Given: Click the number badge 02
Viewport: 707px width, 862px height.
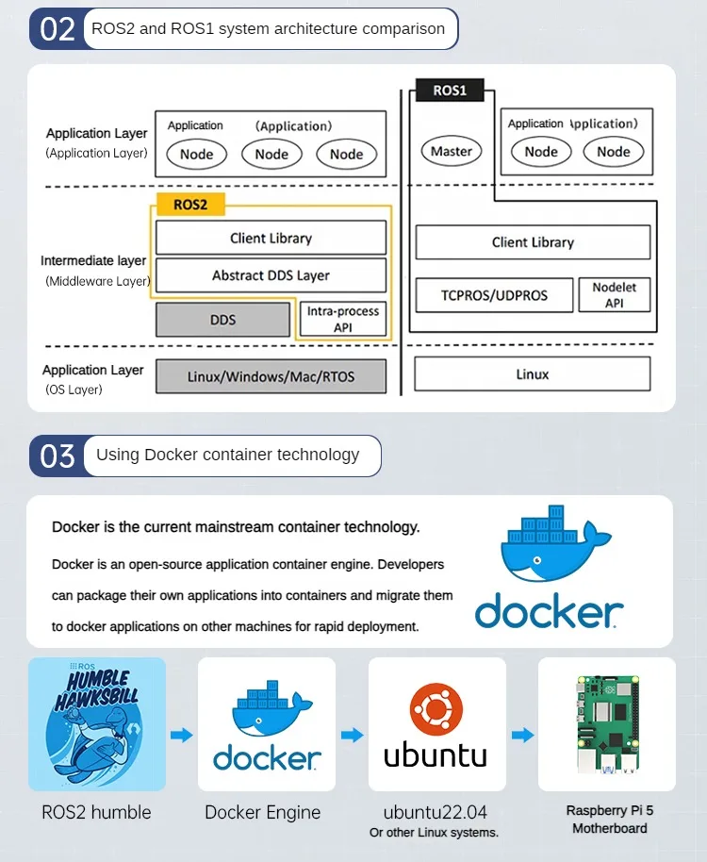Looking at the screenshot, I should point(58,28).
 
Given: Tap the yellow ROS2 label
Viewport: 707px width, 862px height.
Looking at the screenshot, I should point(190,204).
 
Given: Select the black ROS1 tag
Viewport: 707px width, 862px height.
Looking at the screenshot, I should point(450,91).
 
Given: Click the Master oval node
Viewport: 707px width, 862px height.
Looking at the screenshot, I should point(452,151).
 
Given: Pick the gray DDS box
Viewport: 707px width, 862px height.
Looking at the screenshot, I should point(222,320).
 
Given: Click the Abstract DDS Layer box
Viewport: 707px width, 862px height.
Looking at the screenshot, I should point(271,275).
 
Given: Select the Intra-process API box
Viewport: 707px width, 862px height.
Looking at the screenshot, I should point(342,319).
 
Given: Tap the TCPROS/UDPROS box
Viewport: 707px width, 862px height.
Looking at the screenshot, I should point(494,295).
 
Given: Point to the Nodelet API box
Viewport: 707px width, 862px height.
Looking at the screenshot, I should point(615,294).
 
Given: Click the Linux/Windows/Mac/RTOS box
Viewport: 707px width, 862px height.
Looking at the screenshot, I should point(271,376).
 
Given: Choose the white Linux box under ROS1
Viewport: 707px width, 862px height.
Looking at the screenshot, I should point(533,374).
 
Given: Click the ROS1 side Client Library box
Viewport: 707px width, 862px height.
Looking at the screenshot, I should point(533,242).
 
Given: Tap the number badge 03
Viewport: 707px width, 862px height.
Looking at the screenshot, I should point(58,456).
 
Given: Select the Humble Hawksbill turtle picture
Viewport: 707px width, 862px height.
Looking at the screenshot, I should point(97,723).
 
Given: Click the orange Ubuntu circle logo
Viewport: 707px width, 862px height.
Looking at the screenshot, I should point(436,707).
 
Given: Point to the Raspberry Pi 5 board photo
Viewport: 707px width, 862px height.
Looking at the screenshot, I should point(606,723).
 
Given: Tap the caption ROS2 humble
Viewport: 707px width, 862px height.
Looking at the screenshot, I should point(96,812).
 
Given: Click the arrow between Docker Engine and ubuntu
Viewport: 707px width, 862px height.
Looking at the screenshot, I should point(352,735).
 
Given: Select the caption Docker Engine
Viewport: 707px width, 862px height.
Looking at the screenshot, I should point(263,812).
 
